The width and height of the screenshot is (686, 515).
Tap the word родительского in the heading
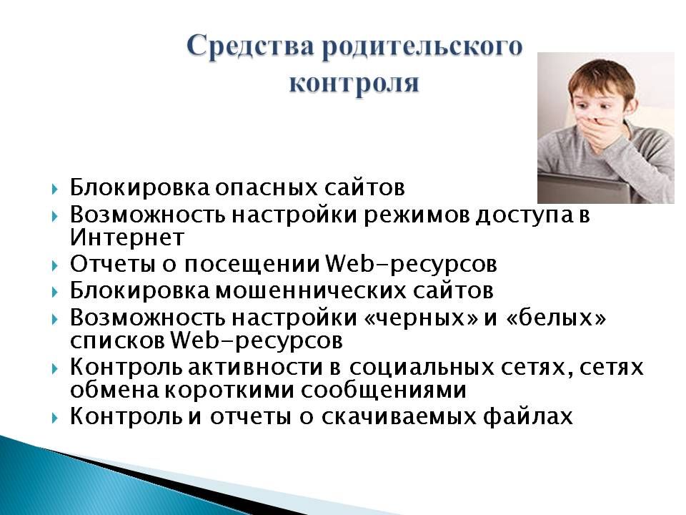(422, 47)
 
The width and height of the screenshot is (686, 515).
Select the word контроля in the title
(354, 83)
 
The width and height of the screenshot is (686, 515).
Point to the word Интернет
(127, 237)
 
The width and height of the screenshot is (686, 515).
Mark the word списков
(117, 341)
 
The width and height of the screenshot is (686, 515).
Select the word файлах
(527, 416)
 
